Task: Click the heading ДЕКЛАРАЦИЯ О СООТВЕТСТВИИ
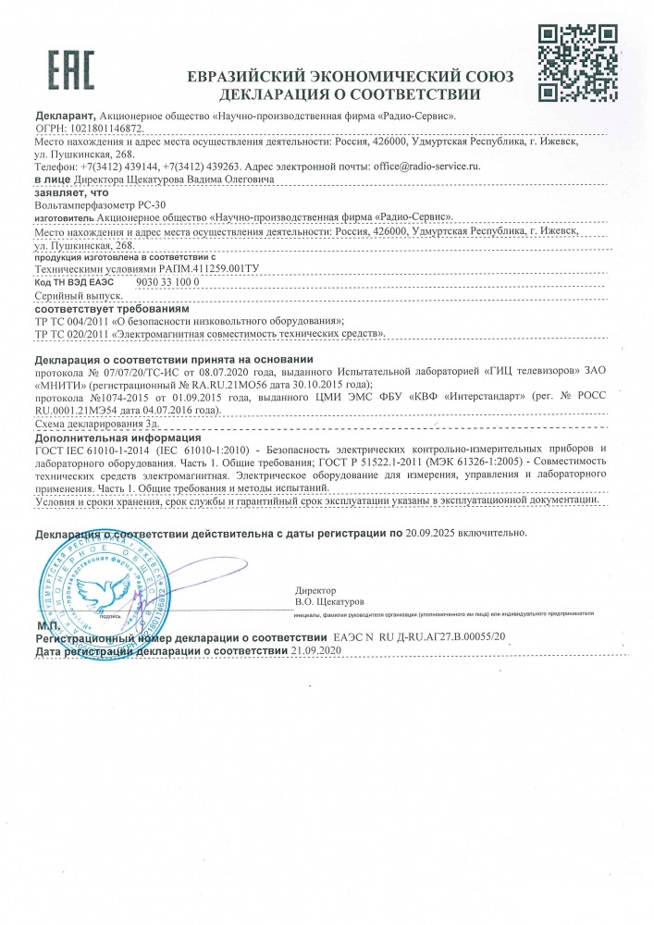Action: click(x=351, y=94)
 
